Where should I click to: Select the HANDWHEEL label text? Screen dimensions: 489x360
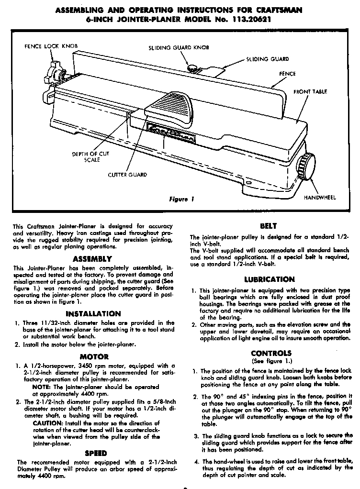pos(320,197)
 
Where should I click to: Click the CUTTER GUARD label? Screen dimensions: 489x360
pos(127,175)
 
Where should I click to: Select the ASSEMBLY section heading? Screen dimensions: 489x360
pos(93,258)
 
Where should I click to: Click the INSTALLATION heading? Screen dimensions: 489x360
pos(93,314)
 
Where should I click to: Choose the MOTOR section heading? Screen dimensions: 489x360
pos(94,356)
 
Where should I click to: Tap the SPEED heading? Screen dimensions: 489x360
pos(95,453)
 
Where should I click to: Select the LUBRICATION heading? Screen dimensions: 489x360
pos(270,279)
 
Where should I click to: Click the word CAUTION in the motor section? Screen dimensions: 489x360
pos(47,423)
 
